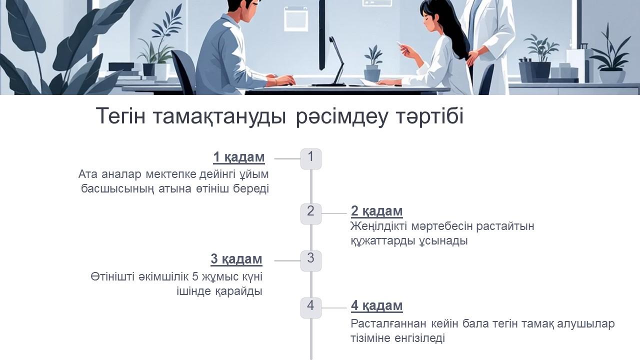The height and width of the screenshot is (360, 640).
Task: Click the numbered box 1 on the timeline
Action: [310, 158]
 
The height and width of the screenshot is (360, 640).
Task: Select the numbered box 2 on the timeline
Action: [310, 213]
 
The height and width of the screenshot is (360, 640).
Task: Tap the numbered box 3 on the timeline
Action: [310, 260]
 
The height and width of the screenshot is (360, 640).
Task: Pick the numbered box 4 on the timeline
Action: [310, 307]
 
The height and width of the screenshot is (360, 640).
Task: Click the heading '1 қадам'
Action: [238, 157]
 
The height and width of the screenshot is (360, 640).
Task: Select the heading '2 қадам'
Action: [376, 211]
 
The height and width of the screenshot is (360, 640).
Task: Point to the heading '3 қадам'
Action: [236, 259]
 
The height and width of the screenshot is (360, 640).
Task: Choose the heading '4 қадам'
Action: [376, 305]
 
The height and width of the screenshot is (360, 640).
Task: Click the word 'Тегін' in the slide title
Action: [120, 116]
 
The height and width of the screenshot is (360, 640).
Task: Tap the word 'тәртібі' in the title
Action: [430, 116]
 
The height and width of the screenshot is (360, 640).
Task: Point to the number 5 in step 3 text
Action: [195, 276]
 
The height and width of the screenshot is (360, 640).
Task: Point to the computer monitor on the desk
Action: [322, 30]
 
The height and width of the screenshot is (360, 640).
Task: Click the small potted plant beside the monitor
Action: [372, 62]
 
